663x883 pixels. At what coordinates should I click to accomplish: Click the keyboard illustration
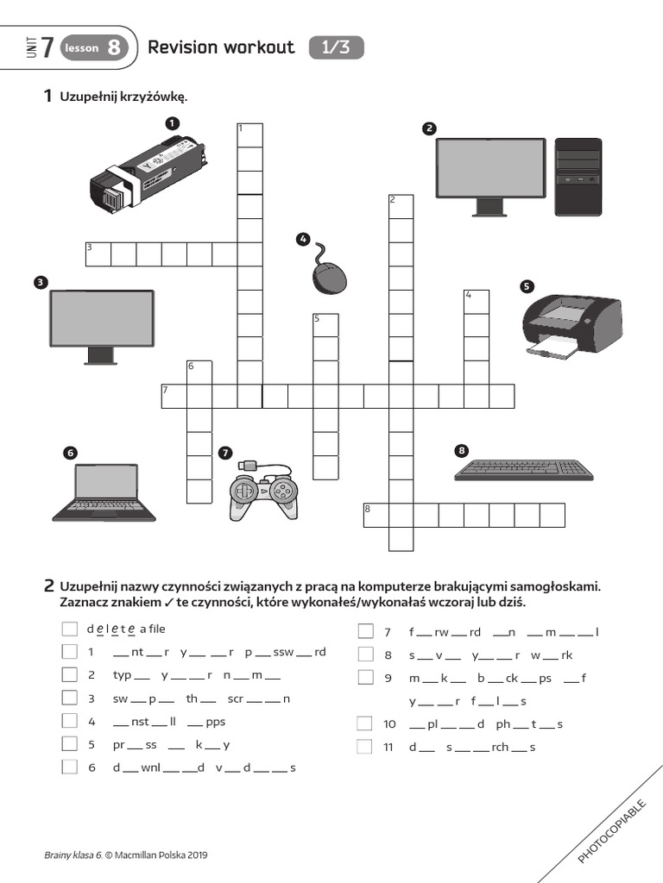[524, 470]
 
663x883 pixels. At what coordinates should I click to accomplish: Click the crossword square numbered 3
[98, 254]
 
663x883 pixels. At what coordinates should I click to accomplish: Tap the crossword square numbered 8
[376, 515]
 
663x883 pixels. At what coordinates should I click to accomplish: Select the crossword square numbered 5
[325, 325]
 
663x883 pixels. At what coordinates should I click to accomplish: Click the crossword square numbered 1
[249, 135]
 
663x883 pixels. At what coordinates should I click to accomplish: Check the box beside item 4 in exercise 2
[69, 722]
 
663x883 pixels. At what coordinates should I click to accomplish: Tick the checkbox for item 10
[365, 723]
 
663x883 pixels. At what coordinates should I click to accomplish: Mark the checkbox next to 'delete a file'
[69, 629]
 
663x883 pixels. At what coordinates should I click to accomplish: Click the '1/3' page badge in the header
[336, 48]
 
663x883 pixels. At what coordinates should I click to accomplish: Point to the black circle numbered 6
[70, 452]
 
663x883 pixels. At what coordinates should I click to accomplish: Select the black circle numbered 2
[429, 129]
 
